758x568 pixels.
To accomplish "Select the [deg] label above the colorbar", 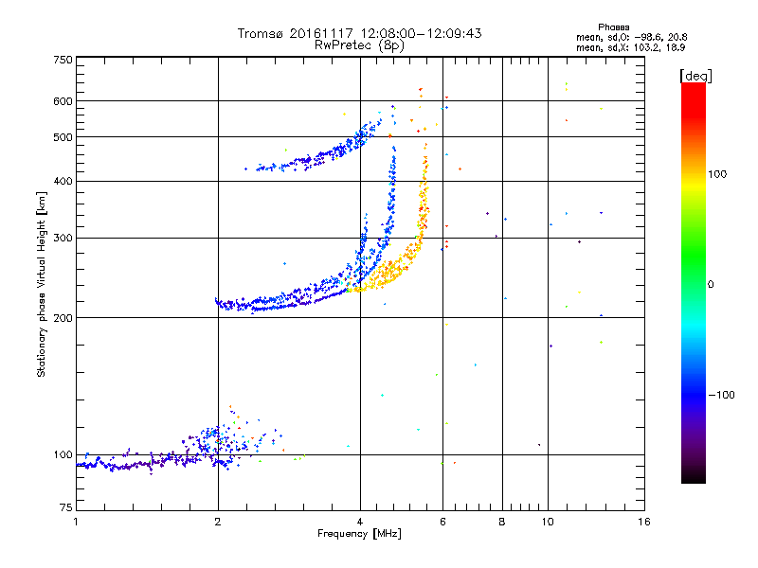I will (695, 75).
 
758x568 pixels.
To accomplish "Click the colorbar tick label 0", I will (712, 284).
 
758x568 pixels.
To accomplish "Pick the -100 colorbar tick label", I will (720, 395).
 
